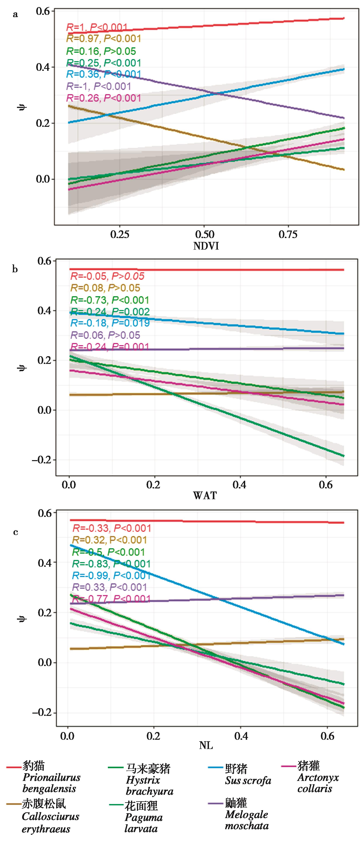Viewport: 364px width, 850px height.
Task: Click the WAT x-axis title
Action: point(205,496)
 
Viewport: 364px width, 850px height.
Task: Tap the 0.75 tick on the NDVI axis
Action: point(288,235)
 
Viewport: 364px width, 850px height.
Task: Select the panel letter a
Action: point(15,14)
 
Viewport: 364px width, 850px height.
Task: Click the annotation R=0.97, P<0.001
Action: point(104,39)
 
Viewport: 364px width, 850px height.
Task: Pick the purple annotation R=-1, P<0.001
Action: point(99,86)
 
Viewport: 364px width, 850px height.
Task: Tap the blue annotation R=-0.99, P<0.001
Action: point(111,575)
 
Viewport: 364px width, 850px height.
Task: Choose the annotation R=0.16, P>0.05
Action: point(101,51)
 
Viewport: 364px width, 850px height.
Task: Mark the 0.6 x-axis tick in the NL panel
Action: point(327,736)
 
